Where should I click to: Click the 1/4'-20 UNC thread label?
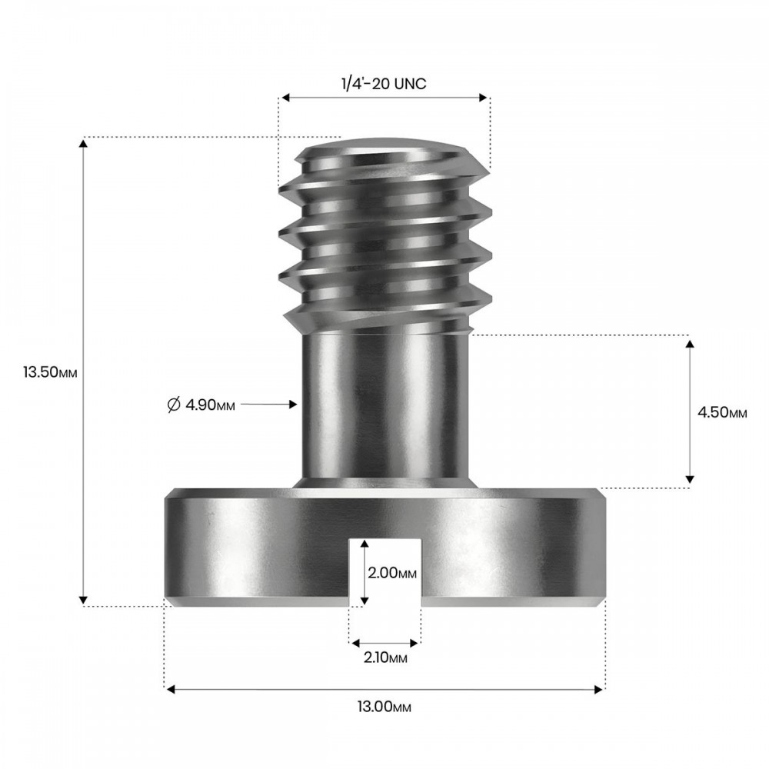click(384, 84)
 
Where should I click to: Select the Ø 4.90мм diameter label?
click(201, 404)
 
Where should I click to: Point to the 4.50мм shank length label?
click(722, 412)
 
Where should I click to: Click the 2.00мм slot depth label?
click(392, 572)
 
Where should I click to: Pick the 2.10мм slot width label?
click(385, 657)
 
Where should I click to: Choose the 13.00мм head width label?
click(384, 707)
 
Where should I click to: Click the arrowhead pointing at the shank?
click(293, 404)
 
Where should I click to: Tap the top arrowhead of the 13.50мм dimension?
click(83, 143)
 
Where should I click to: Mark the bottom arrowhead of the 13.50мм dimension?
click(83, 600)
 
